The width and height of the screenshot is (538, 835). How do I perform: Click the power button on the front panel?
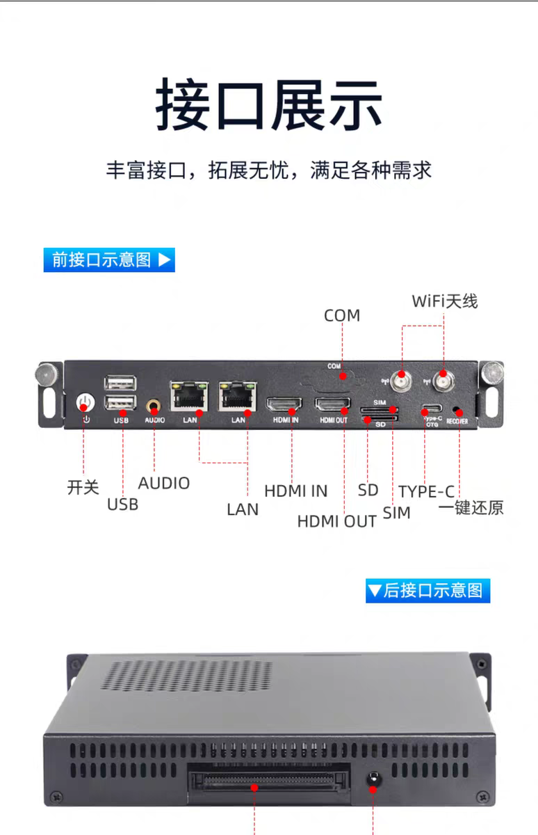[85, 403]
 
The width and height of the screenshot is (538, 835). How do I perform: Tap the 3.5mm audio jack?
[154, 406]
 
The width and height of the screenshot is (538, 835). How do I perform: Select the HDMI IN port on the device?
[284, 404]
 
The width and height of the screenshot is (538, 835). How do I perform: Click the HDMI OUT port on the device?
[332, 404]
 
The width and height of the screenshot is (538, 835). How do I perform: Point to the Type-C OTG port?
[432, 408]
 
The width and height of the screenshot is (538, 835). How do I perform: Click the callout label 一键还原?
[471, 508]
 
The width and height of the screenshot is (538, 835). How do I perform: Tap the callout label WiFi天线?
[445, 301]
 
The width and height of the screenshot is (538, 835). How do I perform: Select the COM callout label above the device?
[342, 316]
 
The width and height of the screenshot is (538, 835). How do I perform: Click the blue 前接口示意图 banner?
[109, 260]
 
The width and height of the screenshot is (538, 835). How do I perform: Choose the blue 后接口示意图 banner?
[427, 591]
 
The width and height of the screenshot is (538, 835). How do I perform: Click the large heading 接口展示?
[269, 105]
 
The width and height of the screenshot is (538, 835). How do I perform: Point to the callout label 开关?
[83, 488]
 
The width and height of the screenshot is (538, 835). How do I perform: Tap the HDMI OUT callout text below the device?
[336, 521]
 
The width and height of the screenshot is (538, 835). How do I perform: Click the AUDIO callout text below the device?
[164, 484]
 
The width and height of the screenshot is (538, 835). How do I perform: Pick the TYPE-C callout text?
[427, 492]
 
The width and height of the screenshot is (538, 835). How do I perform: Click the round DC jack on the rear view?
[373, 779]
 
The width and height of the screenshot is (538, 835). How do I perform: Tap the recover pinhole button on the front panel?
[455, 409]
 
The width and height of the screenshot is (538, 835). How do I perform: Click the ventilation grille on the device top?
[186, 676]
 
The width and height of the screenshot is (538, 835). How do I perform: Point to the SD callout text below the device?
[368, 491]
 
